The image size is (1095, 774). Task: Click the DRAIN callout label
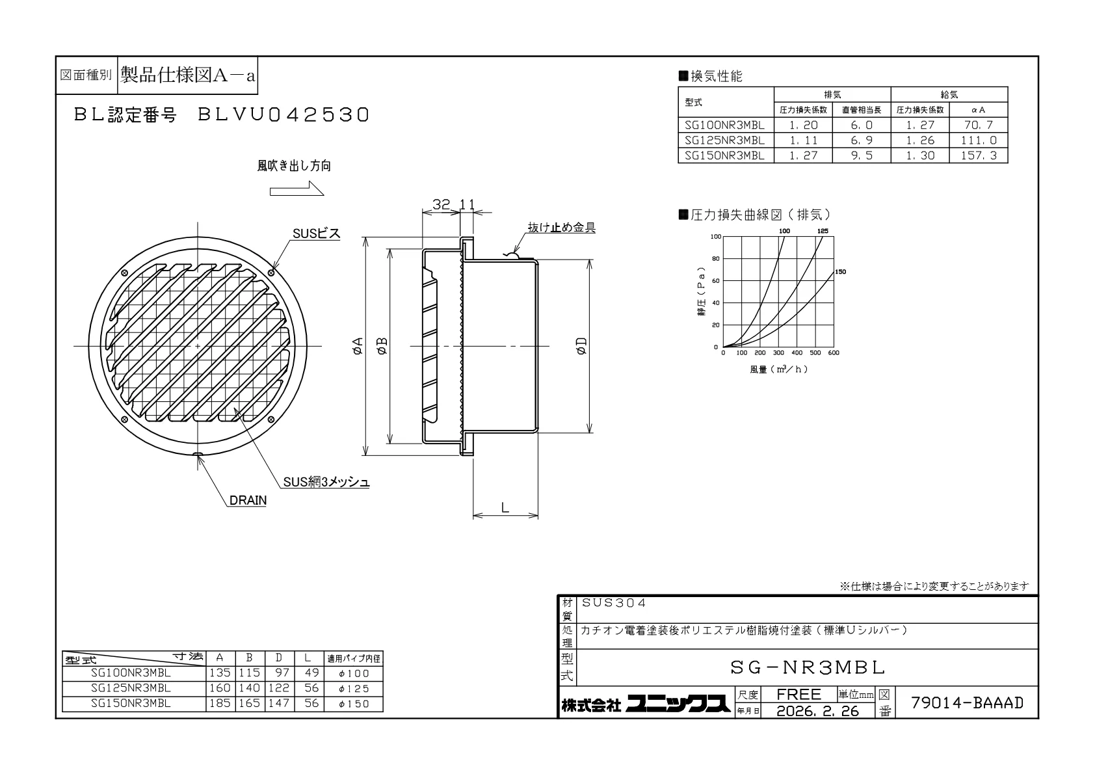point(248,500)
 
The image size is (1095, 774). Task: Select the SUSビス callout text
point(316,234)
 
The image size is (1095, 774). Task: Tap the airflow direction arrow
point(297,189)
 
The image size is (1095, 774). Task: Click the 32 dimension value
point(441,204)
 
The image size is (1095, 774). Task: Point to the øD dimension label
point(581,345)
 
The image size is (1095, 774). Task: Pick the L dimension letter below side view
point(505,507)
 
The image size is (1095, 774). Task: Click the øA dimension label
point(358,345)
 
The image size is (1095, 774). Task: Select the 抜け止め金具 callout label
point(562,228)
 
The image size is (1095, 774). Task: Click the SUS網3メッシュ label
point(326,482)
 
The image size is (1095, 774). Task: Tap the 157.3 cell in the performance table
point(978,155)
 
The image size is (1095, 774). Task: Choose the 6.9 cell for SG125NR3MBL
point(862,140)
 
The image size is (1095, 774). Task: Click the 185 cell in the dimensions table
point(220,703)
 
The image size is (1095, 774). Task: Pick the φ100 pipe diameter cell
point(354,673)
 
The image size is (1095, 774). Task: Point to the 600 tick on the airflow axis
point(834,353)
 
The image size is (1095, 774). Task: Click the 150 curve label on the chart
point(840,272)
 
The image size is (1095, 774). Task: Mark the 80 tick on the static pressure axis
point(716,259)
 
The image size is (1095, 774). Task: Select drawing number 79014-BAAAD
point(967,702)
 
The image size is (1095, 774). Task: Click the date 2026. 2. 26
point(817,711)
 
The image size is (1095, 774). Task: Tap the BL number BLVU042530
point(284,115)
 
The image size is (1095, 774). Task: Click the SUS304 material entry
point(614,603)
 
